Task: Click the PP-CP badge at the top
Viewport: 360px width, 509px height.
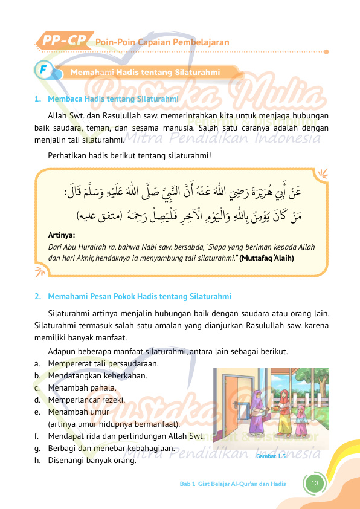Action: tap(63, 41)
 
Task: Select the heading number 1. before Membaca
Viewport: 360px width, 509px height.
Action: tap(37, 98)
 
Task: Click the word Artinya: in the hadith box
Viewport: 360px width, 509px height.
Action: tap(61, 234)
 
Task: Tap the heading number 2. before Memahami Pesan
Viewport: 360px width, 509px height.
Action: tap(37, 296)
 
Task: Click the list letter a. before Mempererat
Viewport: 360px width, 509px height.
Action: tap(37, 363)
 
